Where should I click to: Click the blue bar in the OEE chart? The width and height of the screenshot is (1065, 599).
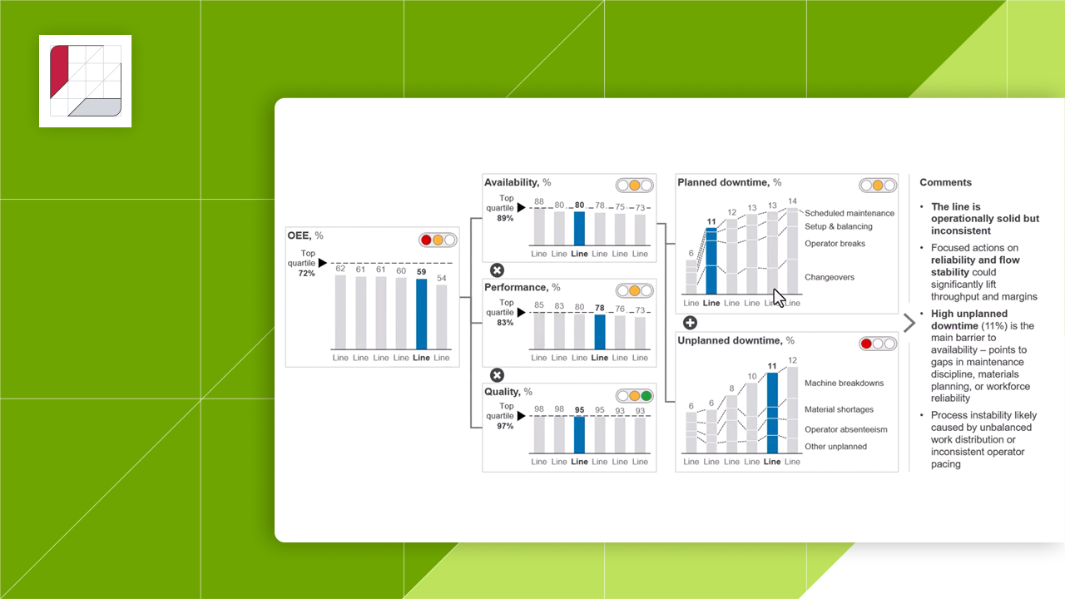click(421, 314)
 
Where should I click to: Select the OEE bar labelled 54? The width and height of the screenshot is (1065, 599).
click(441, 317)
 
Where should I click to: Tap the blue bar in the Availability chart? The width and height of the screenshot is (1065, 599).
click(579, 228)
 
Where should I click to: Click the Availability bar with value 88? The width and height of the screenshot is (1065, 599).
click(539, 226)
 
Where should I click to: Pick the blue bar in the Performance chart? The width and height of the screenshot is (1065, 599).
click(599, 331)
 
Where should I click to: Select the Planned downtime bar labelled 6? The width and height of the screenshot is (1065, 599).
click(691, 277)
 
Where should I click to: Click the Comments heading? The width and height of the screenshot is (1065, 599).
click(945, 183)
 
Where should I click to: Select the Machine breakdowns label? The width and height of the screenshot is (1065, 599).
click(844, 384)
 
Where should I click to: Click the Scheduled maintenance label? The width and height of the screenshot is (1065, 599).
click(850, 214)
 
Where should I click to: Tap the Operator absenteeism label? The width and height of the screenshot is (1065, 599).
click(845, 430)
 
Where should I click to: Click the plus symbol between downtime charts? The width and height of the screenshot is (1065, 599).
click(690, 323)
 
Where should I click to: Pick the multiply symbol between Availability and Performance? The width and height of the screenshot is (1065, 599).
click(497, 270)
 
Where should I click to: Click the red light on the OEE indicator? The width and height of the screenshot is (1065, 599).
click(427, 240)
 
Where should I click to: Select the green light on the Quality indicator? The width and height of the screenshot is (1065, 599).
click(646, 396)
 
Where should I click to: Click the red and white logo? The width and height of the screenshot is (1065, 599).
click(85, 81)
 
